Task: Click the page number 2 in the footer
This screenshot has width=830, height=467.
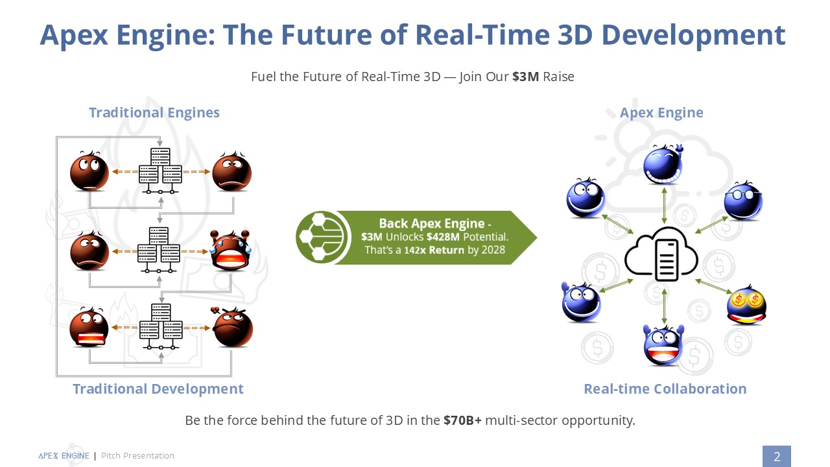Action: click(x=777, y=456)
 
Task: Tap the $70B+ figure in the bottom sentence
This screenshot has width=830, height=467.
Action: click(x=462, y=420)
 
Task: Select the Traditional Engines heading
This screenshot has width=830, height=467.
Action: click(x=154, y=112)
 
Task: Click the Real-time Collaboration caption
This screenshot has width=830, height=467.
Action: click(x=665, y=389)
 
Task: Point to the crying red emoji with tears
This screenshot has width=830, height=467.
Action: click(x=230, y=250)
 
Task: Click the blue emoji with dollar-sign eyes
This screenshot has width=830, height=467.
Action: click(x=746, y=305)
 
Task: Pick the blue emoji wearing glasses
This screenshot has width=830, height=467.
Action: click(x=743, y=200)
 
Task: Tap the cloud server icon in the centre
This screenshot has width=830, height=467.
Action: click(x=661, y=254)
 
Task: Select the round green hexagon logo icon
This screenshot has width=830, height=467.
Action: click(x=321, y=237)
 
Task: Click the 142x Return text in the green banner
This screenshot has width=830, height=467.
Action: click(x=434, y=250)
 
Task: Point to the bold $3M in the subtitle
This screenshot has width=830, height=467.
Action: click(x=525, y=77)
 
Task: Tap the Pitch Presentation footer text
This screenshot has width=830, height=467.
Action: click(x=137, y=455)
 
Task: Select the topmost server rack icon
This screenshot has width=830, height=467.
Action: click(x=160, y=171)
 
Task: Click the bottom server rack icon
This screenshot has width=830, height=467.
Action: click(x=161, y=326)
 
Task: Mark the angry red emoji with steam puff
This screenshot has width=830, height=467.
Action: click(x=232, y=327)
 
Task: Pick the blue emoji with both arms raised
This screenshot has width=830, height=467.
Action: click(x=663, y=345)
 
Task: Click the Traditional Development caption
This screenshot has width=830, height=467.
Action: click(x=158, y=389)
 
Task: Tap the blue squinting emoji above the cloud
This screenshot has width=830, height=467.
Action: click(x=663, y=164)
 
